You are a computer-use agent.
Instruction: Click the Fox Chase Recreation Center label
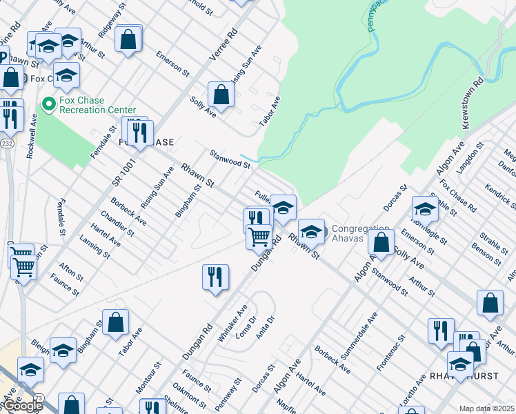(x=97, y=105)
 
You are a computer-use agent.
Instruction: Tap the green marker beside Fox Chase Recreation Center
(x=48, y=105)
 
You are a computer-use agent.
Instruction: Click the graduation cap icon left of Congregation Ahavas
(x=311, y=231)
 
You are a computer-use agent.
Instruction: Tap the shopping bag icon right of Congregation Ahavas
(x=381, y=241)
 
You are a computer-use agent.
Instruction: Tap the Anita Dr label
(x=266, y=329)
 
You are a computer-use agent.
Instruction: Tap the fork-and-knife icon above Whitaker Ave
(x=215, y=277)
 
